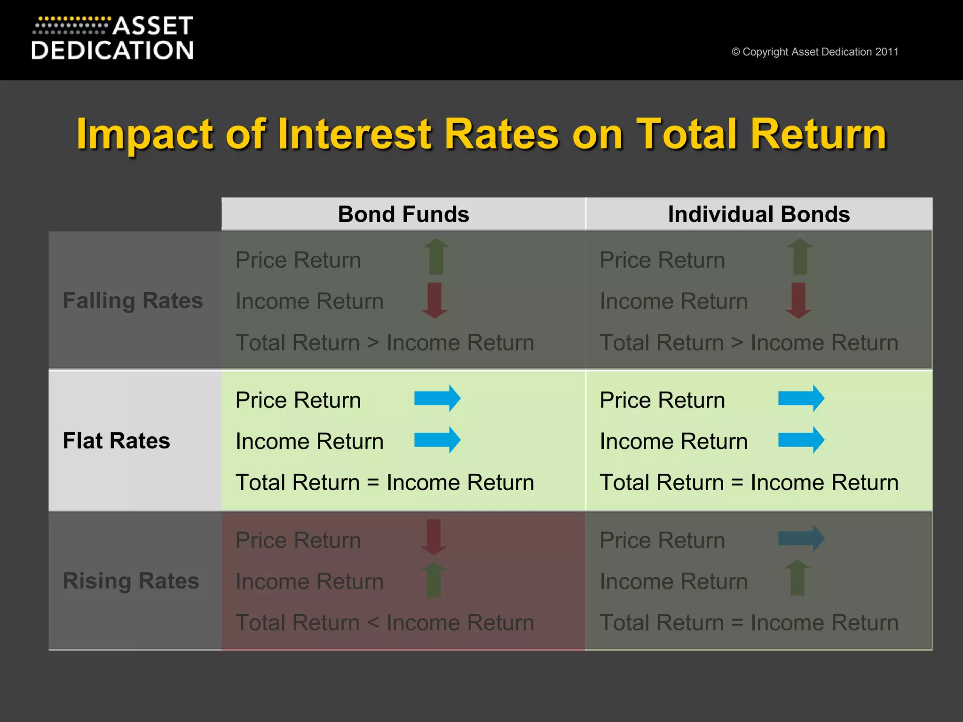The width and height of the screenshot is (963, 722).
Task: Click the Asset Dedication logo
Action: point(113,39)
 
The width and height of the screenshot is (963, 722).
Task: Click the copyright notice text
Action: point(814,52)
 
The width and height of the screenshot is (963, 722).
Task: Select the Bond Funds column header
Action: point(403,214)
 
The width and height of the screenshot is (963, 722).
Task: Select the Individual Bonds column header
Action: point(758,214)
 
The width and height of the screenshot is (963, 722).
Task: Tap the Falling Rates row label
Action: point(133,301)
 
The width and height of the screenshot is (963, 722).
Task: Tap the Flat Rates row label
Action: point(116,441)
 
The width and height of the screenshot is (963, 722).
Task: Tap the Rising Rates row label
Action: point(131,581)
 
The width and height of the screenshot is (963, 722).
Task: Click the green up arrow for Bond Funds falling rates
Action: point(436,257)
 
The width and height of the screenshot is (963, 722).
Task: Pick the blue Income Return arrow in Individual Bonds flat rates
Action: point(801,440)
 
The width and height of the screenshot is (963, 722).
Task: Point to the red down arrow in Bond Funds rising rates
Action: point(434,537)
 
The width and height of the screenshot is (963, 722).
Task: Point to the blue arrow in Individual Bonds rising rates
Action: point(801,538)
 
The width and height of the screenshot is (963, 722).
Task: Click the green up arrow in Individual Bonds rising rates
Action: point(797,578)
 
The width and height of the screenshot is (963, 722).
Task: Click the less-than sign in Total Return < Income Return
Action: point(373,623)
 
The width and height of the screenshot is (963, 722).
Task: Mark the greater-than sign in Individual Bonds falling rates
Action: point(737,343)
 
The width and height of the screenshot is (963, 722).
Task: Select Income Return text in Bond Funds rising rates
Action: point(309,581)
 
